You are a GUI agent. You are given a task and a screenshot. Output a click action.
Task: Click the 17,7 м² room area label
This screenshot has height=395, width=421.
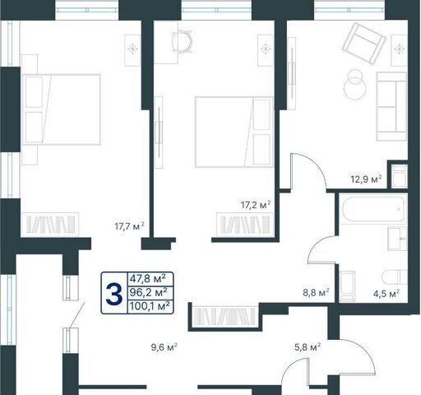(x=129, y=226)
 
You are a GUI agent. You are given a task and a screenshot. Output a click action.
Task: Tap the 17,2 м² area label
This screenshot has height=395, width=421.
(x=256, y=205)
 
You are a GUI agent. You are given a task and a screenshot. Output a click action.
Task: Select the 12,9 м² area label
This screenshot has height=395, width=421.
(x=366, y=179)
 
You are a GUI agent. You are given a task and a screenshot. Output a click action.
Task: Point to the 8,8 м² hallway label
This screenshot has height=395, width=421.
(x=316, y=293)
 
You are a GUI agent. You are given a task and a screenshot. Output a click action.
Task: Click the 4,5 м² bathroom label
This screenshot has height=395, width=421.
(x=386, y=294)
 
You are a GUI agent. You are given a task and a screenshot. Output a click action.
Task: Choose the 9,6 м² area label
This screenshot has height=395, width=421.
(x=164, y=347)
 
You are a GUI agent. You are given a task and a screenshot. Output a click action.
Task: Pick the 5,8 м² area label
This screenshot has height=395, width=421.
(x=308, y=347)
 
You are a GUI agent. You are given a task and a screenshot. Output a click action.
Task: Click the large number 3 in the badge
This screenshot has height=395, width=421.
(x=114, y=294)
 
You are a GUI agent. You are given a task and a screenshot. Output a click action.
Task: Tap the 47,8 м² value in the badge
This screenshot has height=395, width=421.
(x=148, y=279)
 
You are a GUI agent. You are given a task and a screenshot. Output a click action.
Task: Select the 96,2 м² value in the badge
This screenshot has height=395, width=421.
(x=148, y=292)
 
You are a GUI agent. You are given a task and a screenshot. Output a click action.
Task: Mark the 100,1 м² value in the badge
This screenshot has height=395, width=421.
(x=150, y=306)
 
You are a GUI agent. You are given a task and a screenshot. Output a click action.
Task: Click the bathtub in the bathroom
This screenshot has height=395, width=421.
(x=373, y=209)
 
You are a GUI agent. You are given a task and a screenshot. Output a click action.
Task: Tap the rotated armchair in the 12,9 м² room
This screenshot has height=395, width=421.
(x=364, y=44)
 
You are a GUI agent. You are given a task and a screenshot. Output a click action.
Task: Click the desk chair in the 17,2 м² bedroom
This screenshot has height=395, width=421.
(x=182, y=41)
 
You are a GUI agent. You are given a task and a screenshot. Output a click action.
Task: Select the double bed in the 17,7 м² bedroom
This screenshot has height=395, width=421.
(x=62, y=109)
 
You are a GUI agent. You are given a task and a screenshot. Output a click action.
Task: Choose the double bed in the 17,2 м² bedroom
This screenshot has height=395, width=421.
(x=234, y=132)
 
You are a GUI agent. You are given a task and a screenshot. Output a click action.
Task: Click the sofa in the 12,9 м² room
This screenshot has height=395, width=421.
(x=391, y=106)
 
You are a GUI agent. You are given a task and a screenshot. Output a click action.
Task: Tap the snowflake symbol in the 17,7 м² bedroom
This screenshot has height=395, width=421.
(x=132, y=49)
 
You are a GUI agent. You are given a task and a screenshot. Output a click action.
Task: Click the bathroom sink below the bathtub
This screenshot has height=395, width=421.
(x=397, y=239)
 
